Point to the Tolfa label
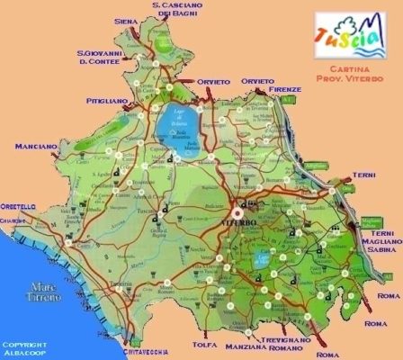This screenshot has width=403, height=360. tap(205, 343)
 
